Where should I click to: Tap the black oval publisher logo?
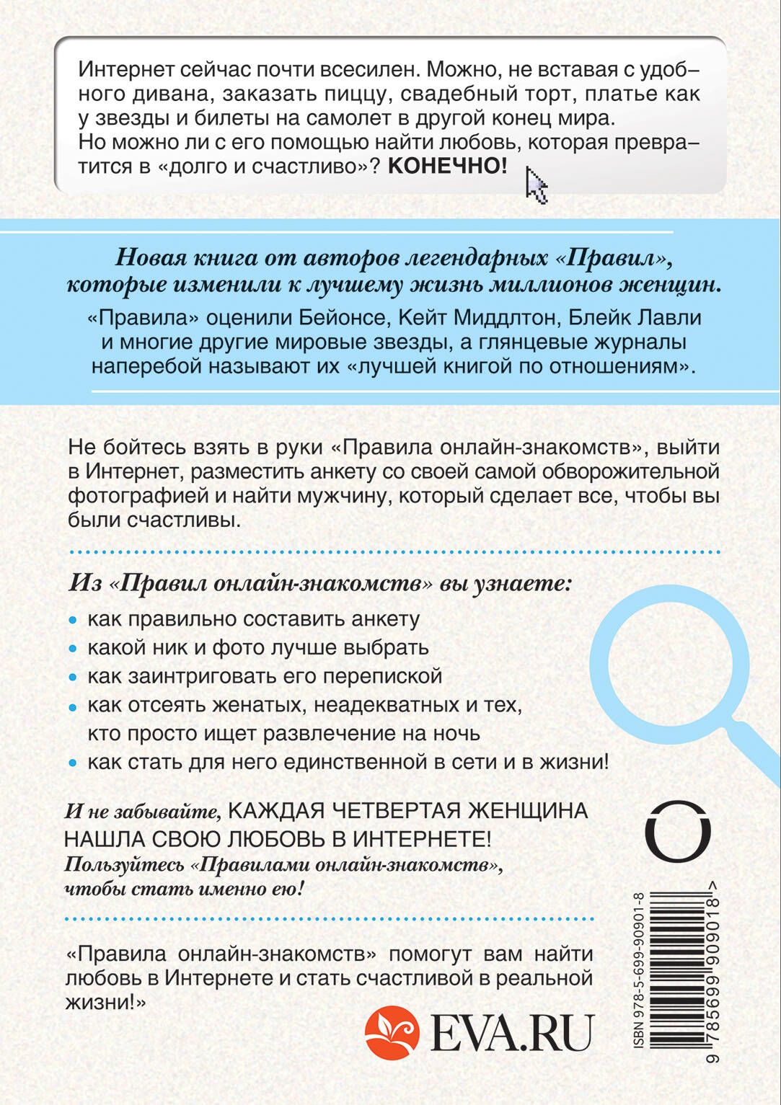[677, 830]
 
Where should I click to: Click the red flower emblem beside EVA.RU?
[392, 1033]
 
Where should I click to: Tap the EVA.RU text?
[511, 1034]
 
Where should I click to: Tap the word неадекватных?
[377, 704]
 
